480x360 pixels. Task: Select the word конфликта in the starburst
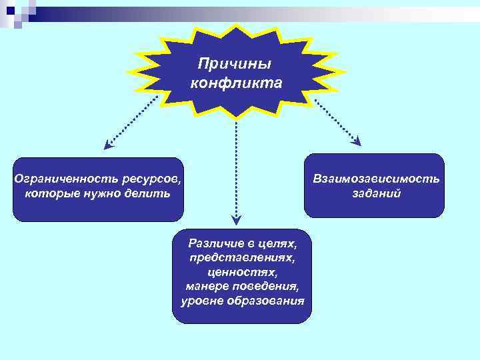tap(236, 83)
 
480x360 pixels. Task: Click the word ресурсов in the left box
tap(151, 179)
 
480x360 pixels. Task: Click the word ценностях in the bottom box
tap(241, 273)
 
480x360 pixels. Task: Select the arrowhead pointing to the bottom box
tap(237, 219)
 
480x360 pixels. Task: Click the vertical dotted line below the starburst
tap(237, 167)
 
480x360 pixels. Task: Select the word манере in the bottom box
tap(205, 287)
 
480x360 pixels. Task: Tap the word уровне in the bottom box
tap(202, 301)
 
